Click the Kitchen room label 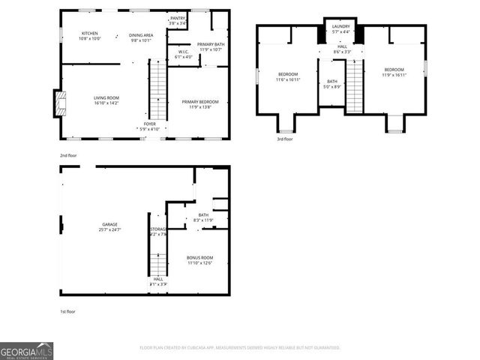(x=90, y=34)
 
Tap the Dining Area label (x=141, y=35)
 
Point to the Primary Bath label (x=210, y=44)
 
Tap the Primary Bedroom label (x=199, y=101)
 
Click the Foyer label (x=150, y=124)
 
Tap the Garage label (x=109, y=224)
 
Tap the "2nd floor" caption (x=69, y=156)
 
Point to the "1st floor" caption (x=68, y=311)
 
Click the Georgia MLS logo (x=26, y=351)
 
